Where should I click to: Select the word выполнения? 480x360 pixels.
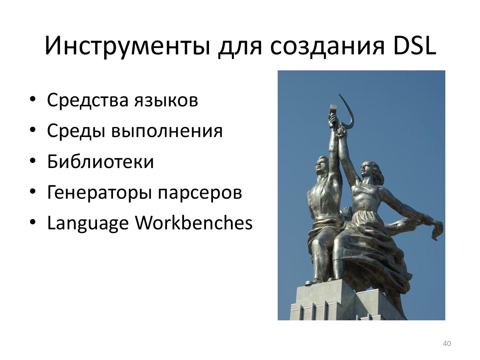[x=167, y=131]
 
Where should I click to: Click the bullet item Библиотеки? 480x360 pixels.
[x=100, y=161]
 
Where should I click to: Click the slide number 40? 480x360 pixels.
[x=447, y=344]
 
